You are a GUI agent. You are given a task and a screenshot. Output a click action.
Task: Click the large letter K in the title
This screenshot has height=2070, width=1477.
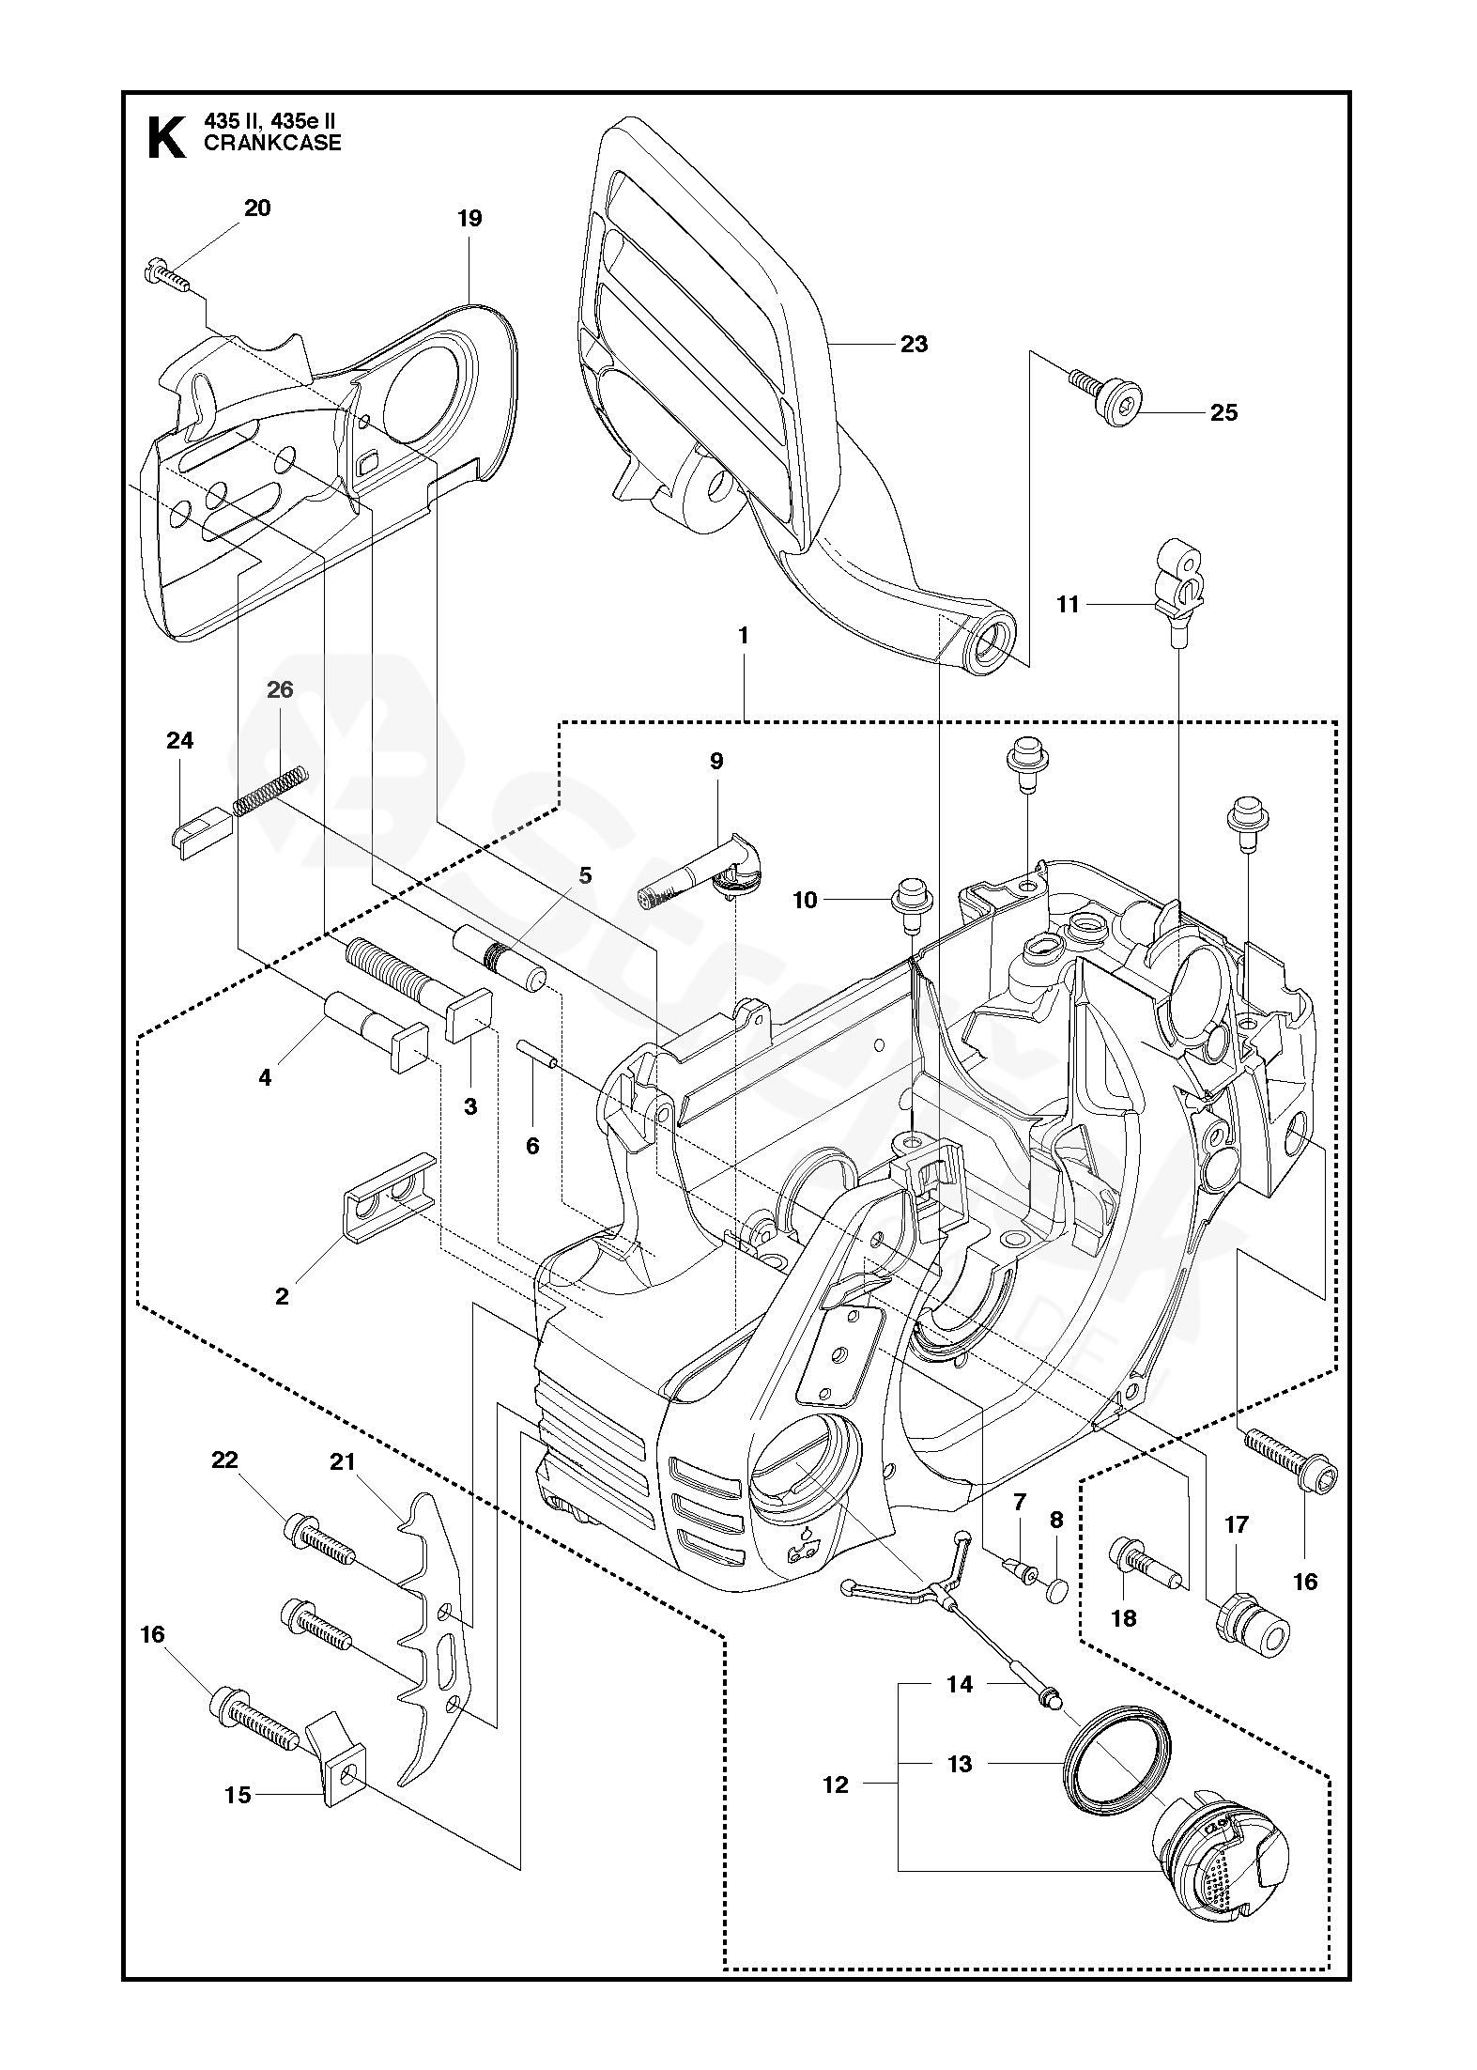tap(167, 138)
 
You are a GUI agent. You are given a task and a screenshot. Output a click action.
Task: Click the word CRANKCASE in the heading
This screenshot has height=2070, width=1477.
tap(272, 144)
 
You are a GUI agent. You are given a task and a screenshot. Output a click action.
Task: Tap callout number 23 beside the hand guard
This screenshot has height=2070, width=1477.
tap(914, 345)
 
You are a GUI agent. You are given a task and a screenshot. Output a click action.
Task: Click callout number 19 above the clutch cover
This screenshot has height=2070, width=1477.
tap(469, 219)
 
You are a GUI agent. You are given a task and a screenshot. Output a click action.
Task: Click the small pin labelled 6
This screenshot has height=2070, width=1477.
tap(538, 1053)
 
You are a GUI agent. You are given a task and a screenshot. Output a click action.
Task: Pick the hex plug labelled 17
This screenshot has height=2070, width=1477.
tap(1252, 1636)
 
